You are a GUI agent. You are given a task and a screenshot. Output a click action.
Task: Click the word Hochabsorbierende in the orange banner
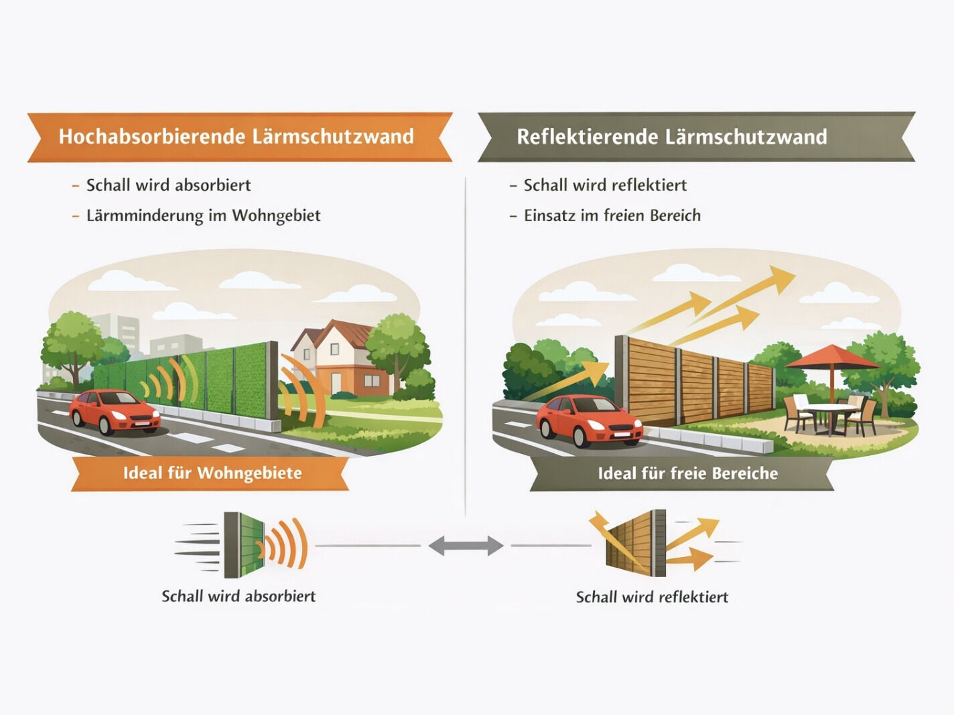click(x=151, y=137)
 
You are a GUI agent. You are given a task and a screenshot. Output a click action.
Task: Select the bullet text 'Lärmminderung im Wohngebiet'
click(x=204, y=216)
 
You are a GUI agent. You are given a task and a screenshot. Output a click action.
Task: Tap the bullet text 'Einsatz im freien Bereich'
click(x=612, y=216)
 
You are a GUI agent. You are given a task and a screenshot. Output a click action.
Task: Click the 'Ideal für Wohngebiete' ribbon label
click(x=212, y=473)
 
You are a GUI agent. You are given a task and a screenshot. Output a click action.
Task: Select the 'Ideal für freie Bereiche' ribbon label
click(x=687, y=473)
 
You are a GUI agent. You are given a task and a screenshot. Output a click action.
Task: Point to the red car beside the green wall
click(x=115, y=411)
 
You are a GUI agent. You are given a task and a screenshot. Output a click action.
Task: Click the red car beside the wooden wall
click(x=589, y=420)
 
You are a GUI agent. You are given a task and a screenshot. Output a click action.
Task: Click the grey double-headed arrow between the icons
click(x=466, y=546)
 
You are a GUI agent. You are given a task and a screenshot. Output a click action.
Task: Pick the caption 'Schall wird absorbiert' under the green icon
click(x=238, y=597)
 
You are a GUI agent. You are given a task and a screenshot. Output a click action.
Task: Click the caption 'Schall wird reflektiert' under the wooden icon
click(x=652, y=597)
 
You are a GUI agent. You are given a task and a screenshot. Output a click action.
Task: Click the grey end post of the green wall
click(x=273, y=386)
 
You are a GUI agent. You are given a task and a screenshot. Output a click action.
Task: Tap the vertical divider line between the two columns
click(x=466, y=347)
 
